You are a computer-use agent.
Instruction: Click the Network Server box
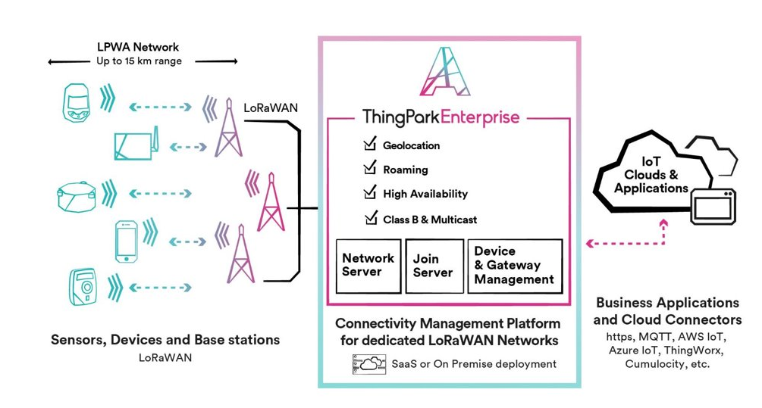click(368, 266)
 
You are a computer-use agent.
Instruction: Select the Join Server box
click(434, 266)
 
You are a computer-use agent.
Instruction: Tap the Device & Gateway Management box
click(515, 266)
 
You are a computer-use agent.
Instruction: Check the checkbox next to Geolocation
click(370, 144)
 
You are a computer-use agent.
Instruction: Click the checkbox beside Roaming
click(370, 168)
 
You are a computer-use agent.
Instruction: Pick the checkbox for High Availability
click(370, 192)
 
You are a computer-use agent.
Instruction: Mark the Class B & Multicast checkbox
click(370, 218)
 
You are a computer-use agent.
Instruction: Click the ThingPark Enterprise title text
click(441, 117)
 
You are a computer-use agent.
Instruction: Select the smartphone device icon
click(126, 241)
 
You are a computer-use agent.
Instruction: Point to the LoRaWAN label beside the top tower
click(271, 108)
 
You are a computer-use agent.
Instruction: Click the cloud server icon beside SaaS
click(369, 364)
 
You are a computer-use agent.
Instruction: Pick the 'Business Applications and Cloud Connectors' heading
click(667, 311)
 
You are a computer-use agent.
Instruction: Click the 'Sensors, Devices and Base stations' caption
click(165, 340)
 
